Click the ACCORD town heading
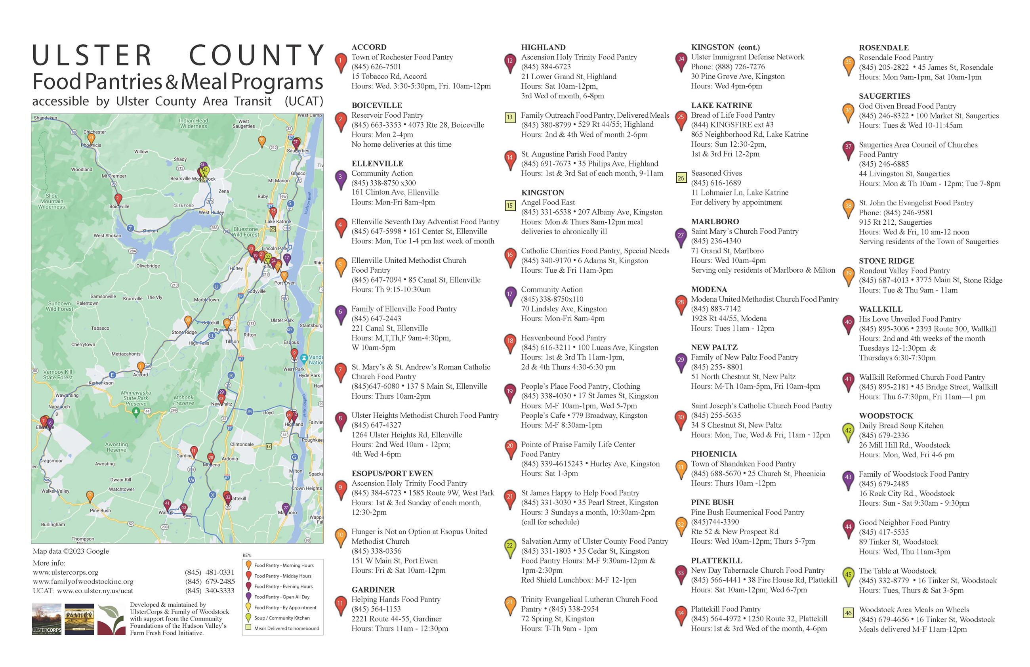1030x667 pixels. [x=369, y=47]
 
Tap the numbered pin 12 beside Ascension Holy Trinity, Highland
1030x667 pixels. [x=509, y=61]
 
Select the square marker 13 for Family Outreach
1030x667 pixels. [x=509, y=117]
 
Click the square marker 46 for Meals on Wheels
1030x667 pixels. [x=848, y=612]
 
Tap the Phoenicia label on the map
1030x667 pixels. [x=92, y=145]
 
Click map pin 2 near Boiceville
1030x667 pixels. [x=118, y=199]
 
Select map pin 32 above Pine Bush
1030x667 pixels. [x=90, y=495]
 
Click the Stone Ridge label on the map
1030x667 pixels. [x=184, y=333]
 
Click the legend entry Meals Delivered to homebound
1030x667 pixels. [x=286, y=628]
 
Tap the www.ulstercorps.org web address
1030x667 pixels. [x=65, y=572]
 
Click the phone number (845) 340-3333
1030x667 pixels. [x=210, y=591]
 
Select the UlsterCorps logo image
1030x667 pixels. [x=46, y=619]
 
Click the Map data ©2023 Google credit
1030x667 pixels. [x=71, y=551]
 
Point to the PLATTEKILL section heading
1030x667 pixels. [x=716, y=560]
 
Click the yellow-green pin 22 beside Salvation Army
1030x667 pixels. [x=509, y=546]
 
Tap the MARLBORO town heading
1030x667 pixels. [x=715, y=222]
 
